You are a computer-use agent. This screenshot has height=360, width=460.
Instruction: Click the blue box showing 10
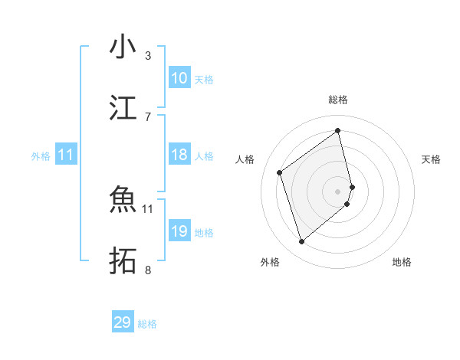coord(179,78)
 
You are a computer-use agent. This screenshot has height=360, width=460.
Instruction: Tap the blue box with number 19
coord(179,231)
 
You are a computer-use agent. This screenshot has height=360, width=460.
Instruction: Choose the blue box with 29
coord(123,322)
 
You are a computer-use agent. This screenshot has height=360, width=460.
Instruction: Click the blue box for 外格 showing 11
coord(66,155)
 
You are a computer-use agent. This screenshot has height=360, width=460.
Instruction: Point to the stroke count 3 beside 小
coord(148,55)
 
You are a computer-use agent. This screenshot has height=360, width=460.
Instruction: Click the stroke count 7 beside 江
coord(148,116)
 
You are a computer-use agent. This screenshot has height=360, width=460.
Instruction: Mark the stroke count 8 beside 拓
coord(148,269)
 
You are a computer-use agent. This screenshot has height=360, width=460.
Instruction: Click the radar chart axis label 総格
coord(338,100)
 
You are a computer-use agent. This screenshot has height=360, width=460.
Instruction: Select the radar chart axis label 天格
coord(431,159)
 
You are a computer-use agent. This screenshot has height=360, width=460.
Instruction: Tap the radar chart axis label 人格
coord(245,159)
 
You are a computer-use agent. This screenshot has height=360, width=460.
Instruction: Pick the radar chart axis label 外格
coord(269,262)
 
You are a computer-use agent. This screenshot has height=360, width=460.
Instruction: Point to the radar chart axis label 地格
coord(402,262)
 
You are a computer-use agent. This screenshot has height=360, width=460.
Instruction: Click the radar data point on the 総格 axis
coord(338,131)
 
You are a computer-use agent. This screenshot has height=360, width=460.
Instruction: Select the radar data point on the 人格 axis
coord(280,172)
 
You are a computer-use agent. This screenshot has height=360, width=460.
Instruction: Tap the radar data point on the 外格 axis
coord(302,242)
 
